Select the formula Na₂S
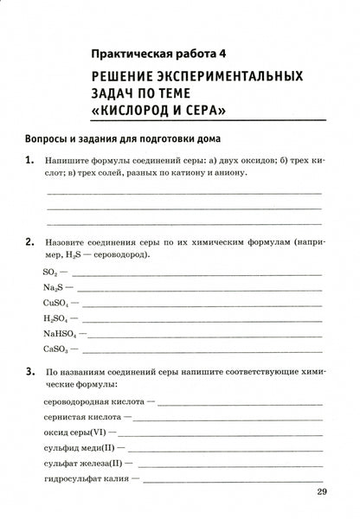[x=51, y=288]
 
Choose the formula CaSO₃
[x=54, y=350]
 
